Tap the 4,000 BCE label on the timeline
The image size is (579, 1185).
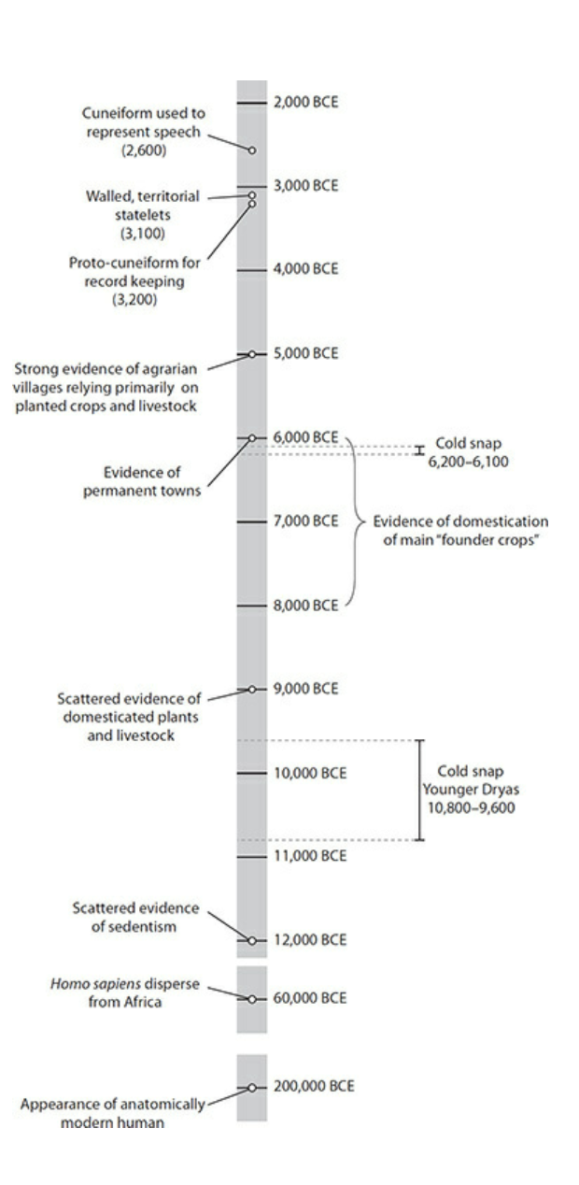click(x=305, y=269)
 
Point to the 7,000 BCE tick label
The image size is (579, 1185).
click(x=305, y=521)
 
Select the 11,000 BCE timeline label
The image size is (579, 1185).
click(x=309, y=855)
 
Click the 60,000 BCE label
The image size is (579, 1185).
click(x=309, y=998)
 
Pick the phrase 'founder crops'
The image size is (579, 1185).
click(x=501, y=539)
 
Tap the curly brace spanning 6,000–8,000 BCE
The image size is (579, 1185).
click(x=356, y=521)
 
